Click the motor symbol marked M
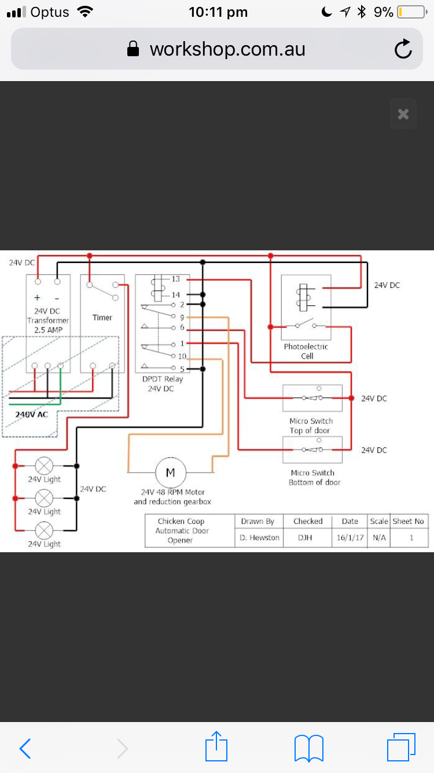click(x=170, y=473)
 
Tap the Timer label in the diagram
click(x=102, y=318)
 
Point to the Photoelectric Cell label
click(x=306, y=351)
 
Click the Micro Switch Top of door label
click(x=312, y=425)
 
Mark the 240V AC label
click(x=32, y=415)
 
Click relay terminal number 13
click(x=176, y=279)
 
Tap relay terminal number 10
click(x=182, y=356)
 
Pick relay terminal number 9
click(x=182, y=317)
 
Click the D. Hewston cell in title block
click(x=260, y=538)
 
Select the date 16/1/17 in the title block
click(x=350, y=538)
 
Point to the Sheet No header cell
click(x=408, y=521)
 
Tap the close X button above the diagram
click(x=403, y=114)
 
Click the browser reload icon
click(x=403, y=49)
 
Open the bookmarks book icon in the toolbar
click(x=309, y=748)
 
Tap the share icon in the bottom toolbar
click(x=217, y=747)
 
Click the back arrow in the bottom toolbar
click(x=25, y=749)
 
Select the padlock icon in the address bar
click(x=133, y=49)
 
